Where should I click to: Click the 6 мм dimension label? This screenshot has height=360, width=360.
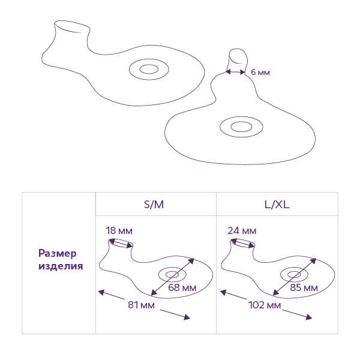point(260,72)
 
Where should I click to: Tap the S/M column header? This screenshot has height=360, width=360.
point(154,204)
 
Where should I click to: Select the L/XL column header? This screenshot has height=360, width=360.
point(277,204)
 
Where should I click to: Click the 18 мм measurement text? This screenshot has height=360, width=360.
point(119,230)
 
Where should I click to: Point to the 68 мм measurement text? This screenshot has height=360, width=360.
point(182,288)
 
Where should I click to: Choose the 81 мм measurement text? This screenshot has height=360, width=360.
point(142,305)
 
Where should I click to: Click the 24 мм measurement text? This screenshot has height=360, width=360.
point(242,230)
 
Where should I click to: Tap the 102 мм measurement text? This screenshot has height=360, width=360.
point(265,305)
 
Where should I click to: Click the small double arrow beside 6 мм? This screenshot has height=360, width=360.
point(235,72)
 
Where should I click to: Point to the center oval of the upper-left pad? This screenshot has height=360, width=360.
point(147,70)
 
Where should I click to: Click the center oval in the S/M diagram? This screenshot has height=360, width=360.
point(173,275)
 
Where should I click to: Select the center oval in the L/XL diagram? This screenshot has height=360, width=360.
point(295,275)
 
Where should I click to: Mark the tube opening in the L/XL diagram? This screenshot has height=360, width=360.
point(244,243)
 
